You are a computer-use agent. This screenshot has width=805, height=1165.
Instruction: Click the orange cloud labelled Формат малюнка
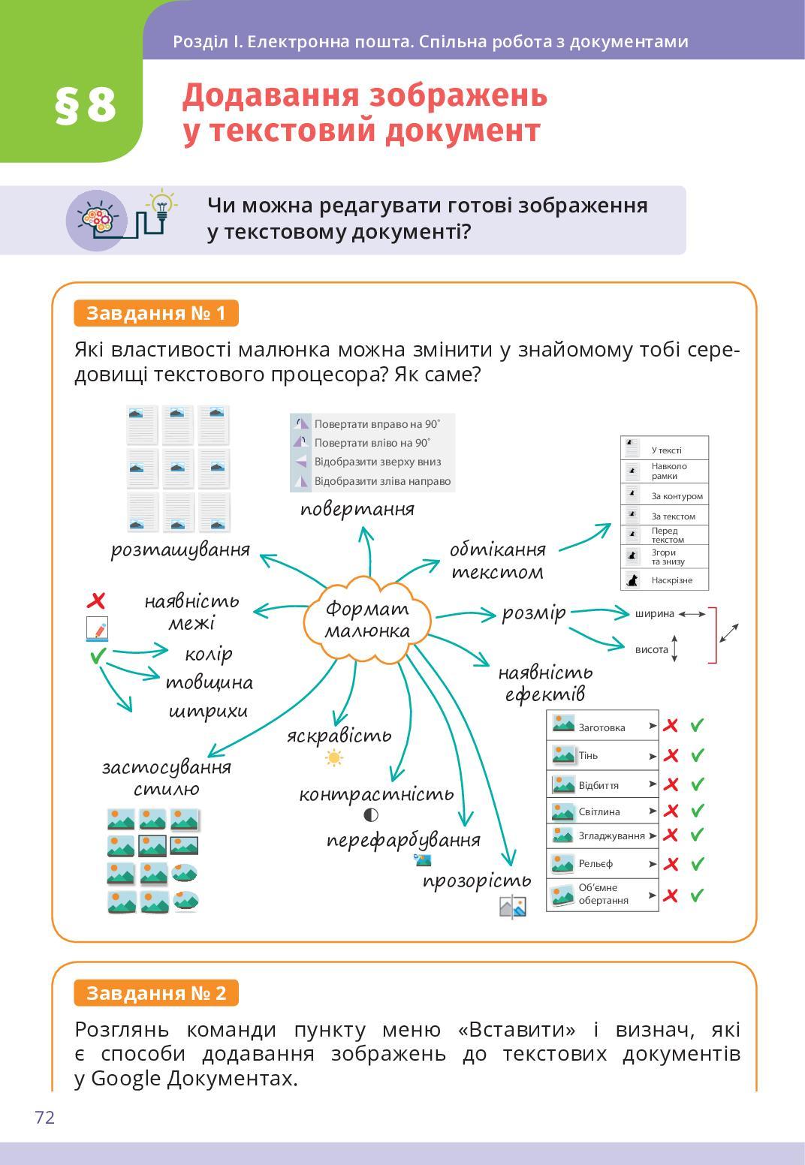[x=367, y=619]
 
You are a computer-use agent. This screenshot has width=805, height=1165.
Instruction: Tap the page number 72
[x=45, y=1118]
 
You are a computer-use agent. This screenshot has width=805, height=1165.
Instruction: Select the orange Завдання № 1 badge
[x=156, y=313]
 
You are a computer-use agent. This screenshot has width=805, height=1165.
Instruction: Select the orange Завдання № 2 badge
[x=156, y=993]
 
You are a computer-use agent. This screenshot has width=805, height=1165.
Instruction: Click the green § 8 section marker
[x=86, y=105]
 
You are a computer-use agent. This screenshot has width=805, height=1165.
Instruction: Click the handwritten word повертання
[x=357, y=509]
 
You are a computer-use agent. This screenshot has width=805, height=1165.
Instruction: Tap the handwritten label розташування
[x=180, y=549]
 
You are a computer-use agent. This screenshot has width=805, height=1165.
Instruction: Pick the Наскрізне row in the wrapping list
[x=665, y=580]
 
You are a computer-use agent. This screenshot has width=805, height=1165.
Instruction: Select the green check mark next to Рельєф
[x=697, y=864]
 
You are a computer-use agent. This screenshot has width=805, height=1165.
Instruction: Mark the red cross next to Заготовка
[x=671, y=726]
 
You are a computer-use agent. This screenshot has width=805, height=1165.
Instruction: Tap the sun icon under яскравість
[x=334, y=758]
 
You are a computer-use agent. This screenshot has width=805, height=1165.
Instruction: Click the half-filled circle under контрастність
[x=371, y=815]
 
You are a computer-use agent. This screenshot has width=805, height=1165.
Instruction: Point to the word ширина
[x=654, y=614]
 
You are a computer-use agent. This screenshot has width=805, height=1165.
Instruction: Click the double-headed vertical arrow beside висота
[x=674, y=649]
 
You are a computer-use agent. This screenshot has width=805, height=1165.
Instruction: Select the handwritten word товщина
[x=209, y=683]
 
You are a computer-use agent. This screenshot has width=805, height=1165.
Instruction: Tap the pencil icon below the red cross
[x=97, y=629]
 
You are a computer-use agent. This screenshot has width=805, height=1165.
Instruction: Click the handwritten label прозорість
[x=477, y=881]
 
